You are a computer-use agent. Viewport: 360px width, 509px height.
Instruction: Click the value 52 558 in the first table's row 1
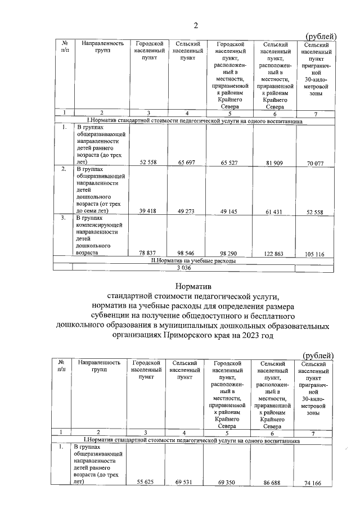click(150, 163)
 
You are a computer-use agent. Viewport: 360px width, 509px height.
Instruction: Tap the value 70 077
click(317, 164)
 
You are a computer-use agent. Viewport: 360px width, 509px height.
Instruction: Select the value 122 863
click(272, 254)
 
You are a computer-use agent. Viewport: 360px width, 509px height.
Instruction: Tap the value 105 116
click(317, 254)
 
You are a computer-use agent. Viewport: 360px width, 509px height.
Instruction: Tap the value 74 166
click(315, 483)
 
